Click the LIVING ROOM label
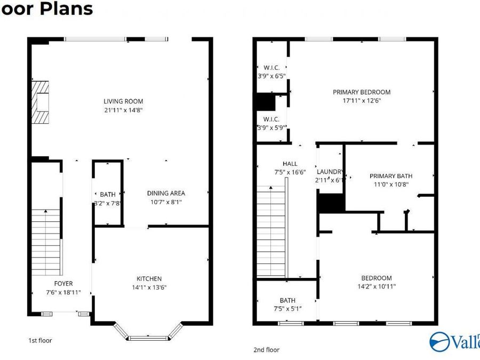(x=123, y=101)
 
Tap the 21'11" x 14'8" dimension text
(x=123, y=110)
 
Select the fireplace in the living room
(x=39, y=102)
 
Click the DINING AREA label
(x=166, y=193)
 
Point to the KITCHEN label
(x=149, y=278)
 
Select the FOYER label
(x=63, y=283)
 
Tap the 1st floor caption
(x=40, y=340)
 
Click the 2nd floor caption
(x=266, y=350)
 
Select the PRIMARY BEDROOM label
(x=362, y=92)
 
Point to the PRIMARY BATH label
(x=391, y=176)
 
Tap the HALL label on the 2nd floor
(x=290, y=164)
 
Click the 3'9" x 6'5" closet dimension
(x=271, y=76)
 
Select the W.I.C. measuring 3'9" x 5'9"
(x=271, y=123)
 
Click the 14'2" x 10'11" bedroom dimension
(x=376, y=286)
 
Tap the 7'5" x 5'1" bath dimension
(x=287, y=309)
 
